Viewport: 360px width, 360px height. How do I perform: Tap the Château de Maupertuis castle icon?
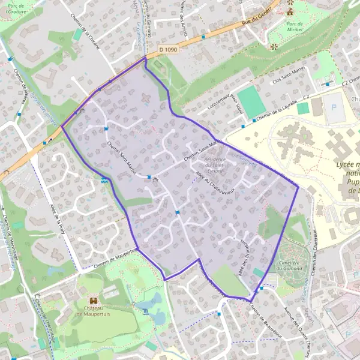click(x=94, y=300)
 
